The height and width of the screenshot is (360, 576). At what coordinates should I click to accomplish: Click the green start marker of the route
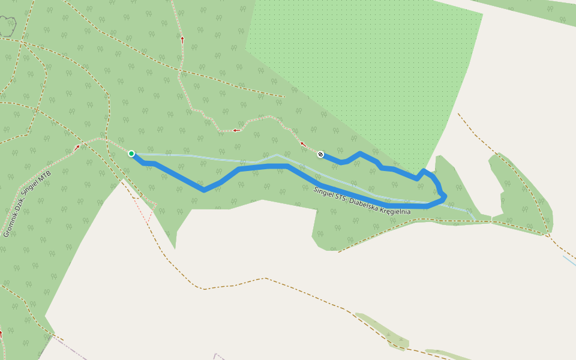pyautogui.click(x=131, y=154)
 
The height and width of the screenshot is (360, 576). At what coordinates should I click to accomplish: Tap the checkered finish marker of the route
pyautogui.click(x=321, y=154)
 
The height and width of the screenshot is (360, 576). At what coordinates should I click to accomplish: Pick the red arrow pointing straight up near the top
pyautogui.click(x=182, y=40)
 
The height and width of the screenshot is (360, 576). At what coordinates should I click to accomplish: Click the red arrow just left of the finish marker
pyautogui.click(x=303, y=144)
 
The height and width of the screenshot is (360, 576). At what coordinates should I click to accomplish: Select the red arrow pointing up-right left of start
pyautogui.click(x=77, y=146)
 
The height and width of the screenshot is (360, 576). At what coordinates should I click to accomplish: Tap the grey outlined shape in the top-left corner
pyautogui.click(x=7, y=26)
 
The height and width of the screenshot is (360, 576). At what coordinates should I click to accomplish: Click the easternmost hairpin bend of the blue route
pyautogui.click(x=445, y=196)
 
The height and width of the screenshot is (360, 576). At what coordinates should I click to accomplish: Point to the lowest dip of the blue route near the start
pyautogui.click(x=204, y=190)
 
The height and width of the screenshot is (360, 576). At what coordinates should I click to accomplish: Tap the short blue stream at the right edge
pyautogui.click(x=569, y=260)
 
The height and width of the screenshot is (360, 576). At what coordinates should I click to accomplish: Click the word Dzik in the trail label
pyautogui.click(x=23, y=203)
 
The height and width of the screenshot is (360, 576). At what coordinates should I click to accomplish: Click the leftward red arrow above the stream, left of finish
pyautogui.click(x=236, y=130)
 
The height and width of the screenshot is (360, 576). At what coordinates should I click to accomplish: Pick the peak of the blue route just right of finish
pyautogui.click(x=360, y=153)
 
